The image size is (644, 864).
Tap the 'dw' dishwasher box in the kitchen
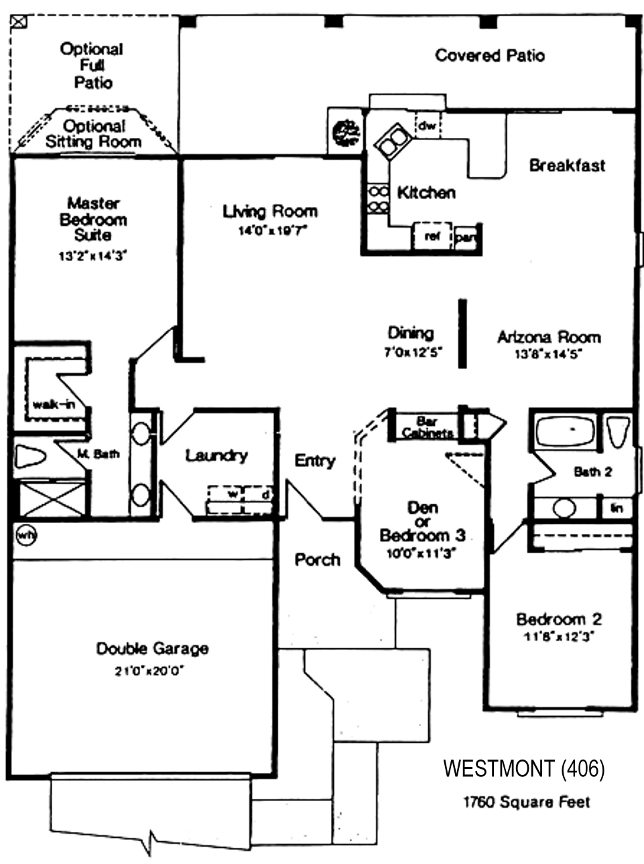tap(427, 125)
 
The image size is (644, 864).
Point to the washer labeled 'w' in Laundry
tap(233, 494)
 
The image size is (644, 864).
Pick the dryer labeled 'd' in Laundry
tap(265, 494)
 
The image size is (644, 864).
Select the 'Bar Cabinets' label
tap(427, 427)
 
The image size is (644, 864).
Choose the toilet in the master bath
tap(30, 457)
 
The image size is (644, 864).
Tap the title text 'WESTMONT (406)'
tap(523, 769)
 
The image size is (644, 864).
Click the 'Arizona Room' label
tap(548, 337)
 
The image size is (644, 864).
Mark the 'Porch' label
tap(317, 559)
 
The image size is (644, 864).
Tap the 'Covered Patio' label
tap(490, 56)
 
